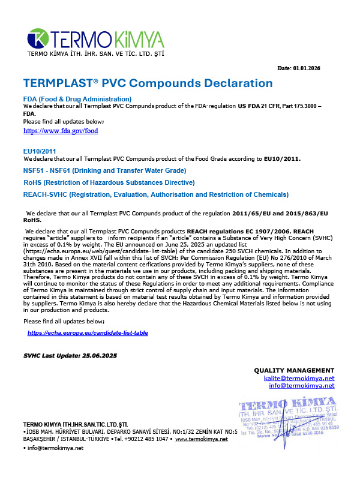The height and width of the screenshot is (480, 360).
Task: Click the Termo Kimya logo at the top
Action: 96,40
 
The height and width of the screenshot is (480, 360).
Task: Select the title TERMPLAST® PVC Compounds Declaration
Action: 148,83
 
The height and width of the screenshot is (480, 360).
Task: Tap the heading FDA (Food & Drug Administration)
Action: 77,98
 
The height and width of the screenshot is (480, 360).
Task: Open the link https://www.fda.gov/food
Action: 60,130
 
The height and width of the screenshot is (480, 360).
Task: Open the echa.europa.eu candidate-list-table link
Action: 88,332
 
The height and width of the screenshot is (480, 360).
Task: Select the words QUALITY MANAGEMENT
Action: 294,370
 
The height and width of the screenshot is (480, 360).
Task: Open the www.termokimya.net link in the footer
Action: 201,439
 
